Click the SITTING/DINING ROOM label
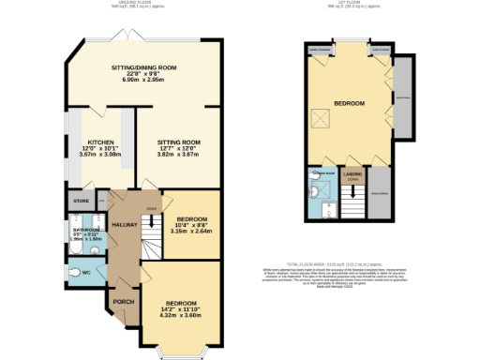(143, 68)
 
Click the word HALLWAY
(125, 225)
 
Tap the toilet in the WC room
(75, 272)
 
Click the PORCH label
(124, 302)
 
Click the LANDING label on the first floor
(352, 172)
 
